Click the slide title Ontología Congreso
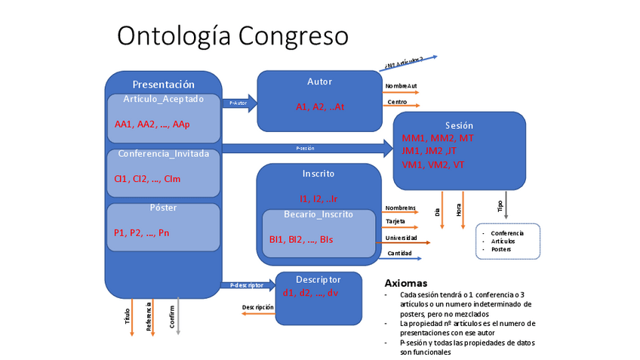click(x=232, y=35)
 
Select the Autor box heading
click(x=319, y=82)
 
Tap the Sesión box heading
click(x=459, y=125)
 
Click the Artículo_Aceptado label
click(x=163, y=99)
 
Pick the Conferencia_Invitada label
click(x=163, y=154)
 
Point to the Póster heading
click(x=163, y=208)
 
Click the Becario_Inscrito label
click(x=318, y=214)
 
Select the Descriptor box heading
click(x=318, y=278)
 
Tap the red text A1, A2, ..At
click(x=319, y=107)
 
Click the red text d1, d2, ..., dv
click(x=311, y=293)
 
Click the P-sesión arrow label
click(x=305, y=149)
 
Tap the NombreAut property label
click(x=401, y=86)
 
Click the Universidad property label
click(x=401, y=238)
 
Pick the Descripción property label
click(x=258, y=307)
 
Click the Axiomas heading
click(x=406, y=283)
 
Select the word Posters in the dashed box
click(x=501, y=249)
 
